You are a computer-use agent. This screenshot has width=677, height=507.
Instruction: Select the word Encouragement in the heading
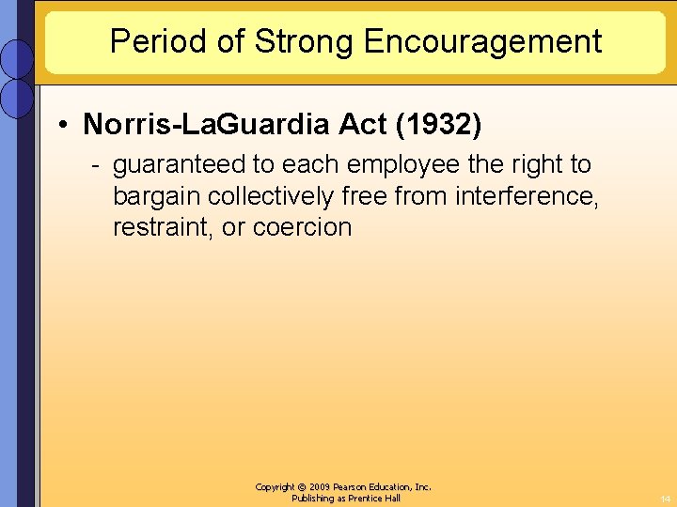(482, 41)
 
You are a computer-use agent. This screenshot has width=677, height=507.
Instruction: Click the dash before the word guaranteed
(96, 165)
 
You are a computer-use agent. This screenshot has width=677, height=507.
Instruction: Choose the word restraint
(164, 227)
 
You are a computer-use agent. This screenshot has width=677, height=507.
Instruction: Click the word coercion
(302, 227)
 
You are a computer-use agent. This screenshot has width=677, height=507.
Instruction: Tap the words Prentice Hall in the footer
(374, 499)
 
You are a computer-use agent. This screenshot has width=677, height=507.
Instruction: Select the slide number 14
(664, 499)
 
